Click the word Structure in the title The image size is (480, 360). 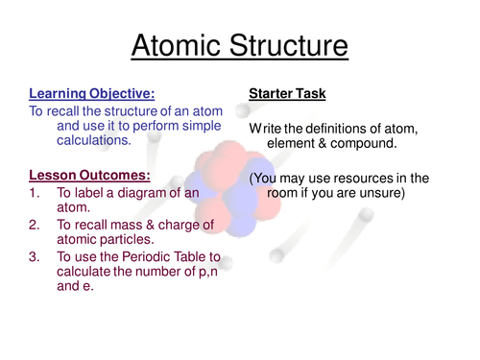pos(287,45)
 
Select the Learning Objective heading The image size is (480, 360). pos(90,93)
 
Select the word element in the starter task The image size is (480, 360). pos(294,143)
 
